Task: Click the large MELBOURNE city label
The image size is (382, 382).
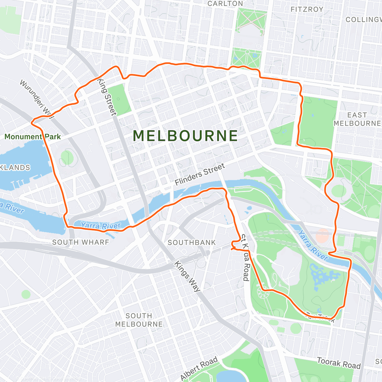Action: click(185, 136)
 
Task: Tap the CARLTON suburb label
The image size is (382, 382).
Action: click(225, 4)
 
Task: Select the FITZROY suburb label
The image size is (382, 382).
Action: click(307, 10)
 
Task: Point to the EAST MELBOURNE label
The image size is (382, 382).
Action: click(357, 119)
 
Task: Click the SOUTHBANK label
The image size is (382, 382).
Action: click(192, 243)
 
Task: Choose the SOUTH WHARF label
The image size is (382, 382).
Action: click(81, 242)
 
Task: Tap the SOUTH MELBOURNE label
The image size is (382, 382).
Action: click(139, 320)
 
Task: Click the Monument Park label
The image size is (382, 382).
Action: click(32, 137)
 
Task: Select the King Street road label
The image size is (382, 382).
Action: click(107, 97)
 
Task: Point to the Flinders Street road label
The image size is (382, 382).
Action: click(200, 174)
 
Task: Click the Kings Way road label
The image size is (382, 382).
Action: click(187, 277)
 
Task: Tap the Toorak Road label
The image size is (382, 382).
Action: click(339, 363)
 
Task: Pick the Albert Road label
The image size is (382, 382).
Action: click(199, 368)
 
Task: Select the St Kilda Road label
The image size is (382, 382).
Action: click(245, 258)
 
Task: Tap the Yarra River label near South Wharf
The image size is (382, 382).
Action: click(101, 226)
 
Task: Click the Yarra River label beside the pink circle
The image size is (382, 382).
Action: click(313, 245)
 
